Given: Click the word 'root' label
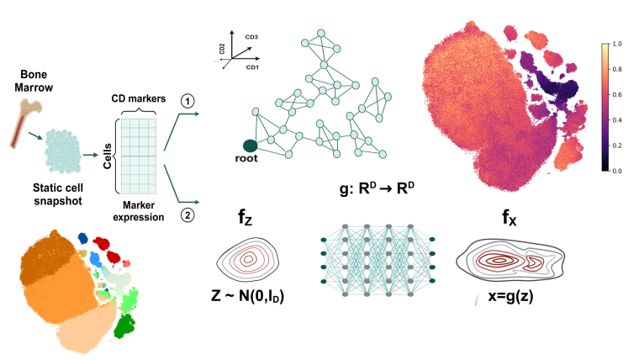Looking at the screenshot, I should (x=250, y=160).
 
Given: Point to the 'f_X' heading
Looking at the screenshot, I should (x=510, y=219).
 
